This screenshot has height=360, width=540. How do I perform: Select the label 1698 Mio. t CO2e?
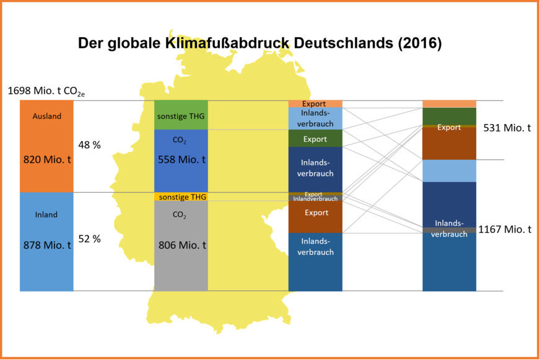(x=46, y=91)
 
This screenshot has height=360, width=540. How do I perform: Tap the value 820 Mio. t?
(x=46, y=159)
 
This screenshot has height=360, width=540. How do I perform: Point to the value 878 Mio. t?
(x=46, y=245)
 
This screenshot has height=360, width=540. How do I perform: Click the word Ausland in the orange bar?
(x=46, y=116)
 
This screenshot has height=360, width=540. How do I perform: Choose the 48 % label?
(x=89, y=144)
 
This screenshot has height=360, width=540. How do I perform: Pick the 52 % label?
(x=89, y=239)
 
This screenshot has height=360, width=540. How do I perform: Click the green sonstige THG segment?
(x=181, y=116)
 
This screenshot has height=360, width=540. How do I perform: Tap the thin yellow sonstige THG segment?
(x=181, y=197)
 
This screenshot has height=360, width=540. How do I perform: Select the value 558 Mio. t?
(x=181, y=159)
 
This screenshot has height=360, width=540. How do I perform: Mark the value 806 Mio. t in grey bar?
(x=181, y=245)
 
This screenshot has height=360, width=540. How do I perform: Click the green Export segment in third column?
(x=315, y=139)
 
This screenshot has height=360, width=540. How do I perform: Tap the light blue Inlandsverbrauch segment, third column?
(x=315, y=118)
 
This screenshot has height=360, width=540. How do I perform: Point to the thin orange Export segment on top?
(x=315, y=103)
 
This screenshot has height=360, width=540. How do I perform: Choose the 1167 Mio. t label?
(x=505, y=229)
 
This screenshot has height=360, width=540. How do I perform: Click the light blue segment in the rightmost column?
(x=449, y=171)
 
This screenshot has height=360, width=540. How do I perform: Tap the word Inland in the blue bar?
(x=46, y=214)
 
